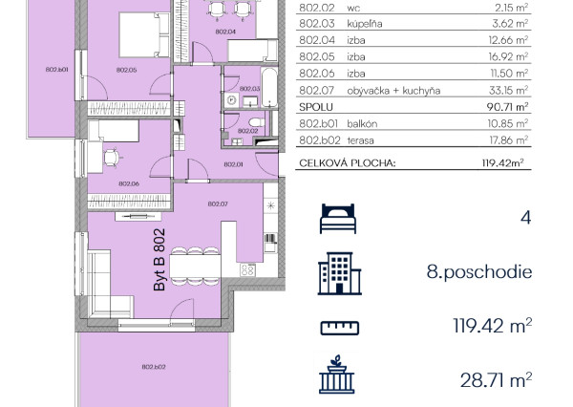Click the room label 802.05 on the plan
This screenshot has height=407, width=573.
[126, 70]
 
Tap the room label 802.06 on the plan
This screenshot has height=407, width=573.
[129, 184]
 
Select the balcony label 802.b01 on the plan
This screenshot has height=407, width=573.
[56, 70]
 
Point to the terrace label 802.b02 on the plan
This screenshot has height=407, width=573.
[154, 367]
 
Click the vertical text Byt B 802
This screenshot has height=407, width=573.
[159, 260]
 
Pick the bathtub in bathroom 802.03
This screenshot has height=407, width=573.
[269, 88]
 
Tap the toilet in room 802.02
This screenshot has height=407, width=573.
[257, 122]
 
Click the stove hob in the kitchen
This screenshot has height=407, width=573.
[247, 270]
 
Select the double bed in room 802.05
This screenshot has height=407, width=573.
[144, 35]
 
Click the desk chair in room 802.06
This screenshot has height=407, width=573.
[112, 158]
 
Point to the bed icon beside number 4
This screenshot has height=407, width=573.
[338, 219]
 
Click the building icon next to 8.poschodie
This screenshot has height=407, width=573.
[339, 273]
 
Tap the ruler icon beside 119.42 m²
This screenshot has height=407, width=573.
[339, 328]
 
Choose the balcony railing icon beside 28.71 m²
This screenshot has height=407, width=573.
[336, 375]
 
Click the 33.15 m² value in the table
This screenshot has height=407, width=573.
[508, 90]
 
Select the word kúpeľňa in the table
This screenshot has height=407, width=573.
[365, 24]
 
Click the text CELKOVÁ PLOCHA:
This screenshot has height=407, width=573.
[348, 163]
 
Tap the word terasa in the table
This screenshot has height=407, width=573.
[360, 140]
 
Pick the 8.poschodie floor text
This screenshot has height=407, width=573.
[479, 272]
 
